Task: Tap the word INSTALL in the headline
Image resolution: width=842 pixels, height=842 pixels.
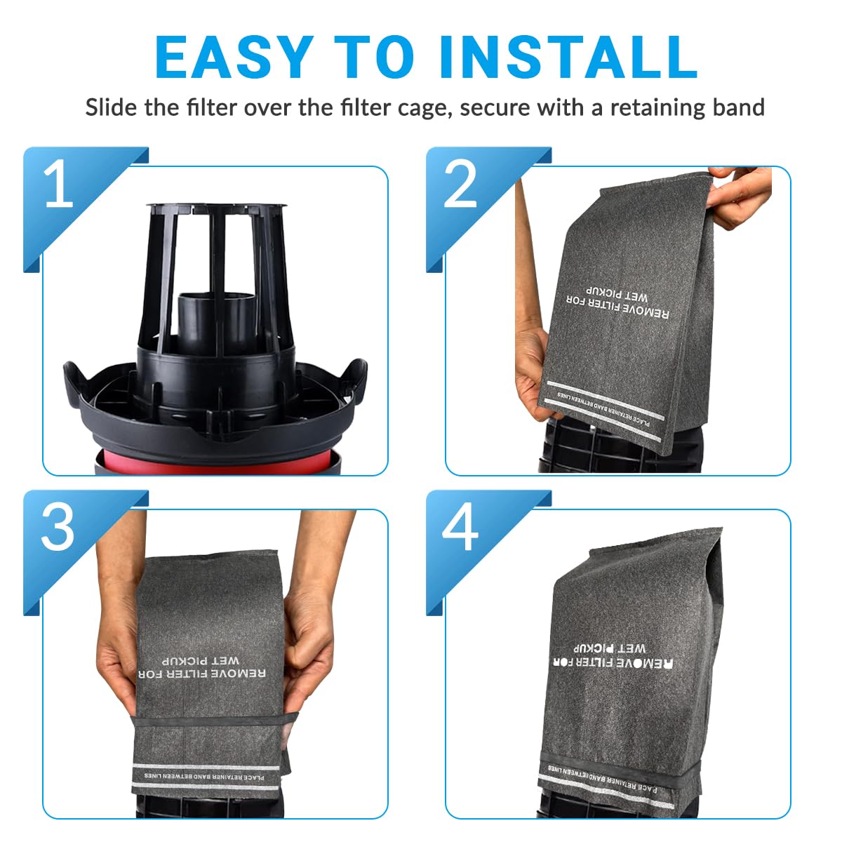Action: tap(568, 58)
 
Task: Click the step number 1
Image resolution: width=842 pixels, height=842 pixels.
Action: tap(59, 185)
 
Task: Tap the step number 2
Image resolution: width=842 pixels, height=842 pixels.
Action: tap(461, 185)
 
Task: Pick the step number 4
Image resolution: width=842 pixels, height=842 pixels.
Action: tap(461, 528)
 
